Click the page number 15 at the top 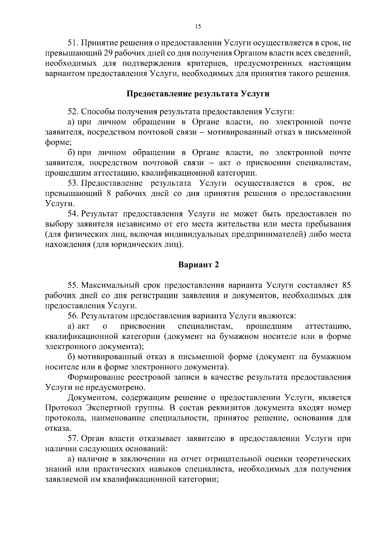(198, 26)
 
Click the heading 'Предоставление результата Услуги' (198, 94)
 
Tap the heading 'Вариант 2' (198, 265)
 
